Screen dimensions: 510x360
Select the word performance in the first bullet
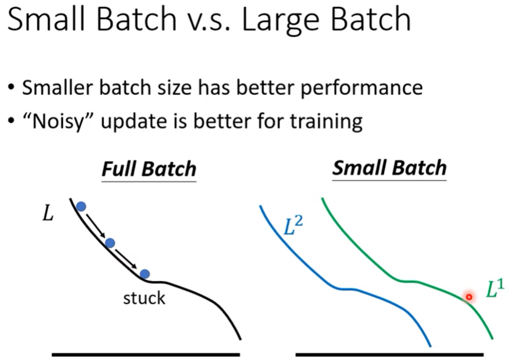pyautogui.click(x=362, y=88)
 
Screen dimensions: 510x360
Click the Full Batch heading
pyautogui.click(x=149, y=169)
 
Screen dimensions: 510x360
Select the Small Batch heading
pyautogui.click(x=389, y=168)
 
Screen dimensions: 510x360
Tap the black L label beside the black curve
pyautogui.click(x=48, y=214)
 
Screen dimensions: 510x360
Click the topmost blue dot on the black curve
pyautogui.click(x=81, y=206)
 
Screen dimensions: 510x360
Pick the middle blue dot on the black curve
pyautogui.click(x=110, y=243)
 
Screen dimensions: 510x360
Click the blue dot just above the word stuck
pyautogui.click(x=144, y=274)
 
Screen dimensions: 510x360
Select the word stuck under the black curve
pyautogui.click(x=144, y=298)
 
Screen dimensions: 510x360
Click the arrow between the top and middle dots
pyautogui.click(x=96, y=225)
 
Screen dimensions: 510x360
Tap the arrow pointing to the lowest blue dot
pyautogui.click(x=126, y=259)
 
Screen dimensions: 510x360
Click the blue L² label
pyautogui.click(x=293, y=226)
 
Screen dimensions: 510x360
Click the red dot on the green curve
pyautogui.click(x=469, y=297)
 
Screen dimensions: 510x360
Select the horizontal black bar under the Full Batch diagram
pyautogui.click(x=146, y=355)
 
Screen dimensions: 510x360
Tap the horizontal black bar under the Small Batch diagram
pyautogui.click(x=389, y=355)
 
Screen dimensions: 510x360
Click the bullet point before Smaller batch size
pyautogui.click(x=12, y=88)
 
